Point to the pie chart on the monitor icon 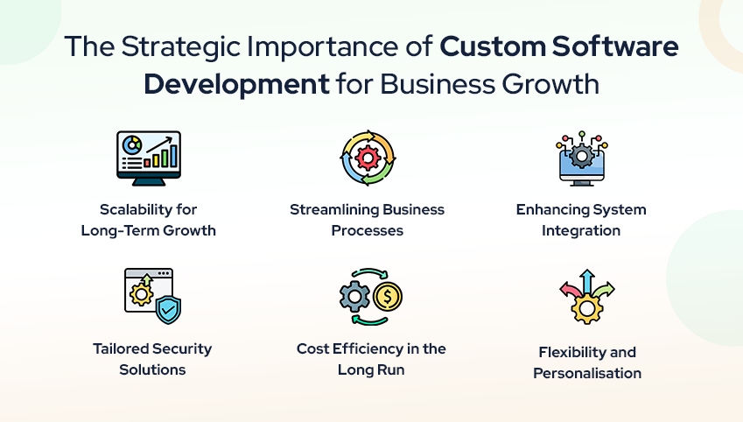(x=131, y=144)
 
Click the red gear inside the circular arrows (x=368, y=158)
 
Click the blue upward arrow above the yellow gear (x=586, y=280)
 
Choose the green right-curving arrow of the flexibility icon (x=605, y=290)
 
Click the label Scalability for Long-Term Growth (x=148, y=220)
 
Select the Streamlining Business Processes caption (x=368, y=220)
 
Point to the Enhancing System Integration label (x=581, y=220)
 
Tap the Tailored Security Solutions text (x=152, y=358)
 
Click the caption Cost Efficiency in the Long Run (x=371, y=358)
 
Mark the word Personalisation (x=587, y=373)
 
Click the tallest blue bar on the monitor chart (x=173, y=155)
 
